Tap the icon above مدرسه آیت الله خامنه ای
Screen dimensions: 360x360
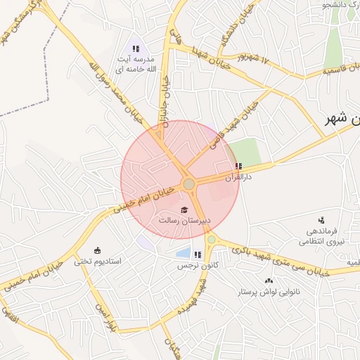(x=136, y=49)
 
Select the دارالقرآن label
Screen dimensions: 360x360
(x=238, y=178)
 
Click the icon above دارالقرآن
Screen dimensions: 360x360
(x=238, y=167)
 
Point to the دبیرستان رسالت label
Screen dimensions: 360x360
(x=184, y=221)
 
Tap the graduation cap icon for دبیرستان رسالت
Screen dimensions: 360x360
(x=184, y=210)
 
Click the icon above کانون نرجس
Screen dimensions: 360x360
(x=198, y=255)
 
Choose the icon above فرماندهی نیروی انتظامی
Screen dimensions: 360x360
(x=322, y=220)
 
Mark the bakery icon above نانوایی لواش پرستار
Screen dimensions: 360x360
(x=269, y=281)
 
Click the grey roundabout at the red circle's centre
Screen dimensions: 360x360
(x=188, y=184)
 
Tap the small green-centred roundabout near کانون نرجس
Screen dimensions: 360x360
(x=211, y=240)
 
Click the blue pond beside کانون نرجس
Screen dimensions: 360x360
(x=183, y=252)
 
